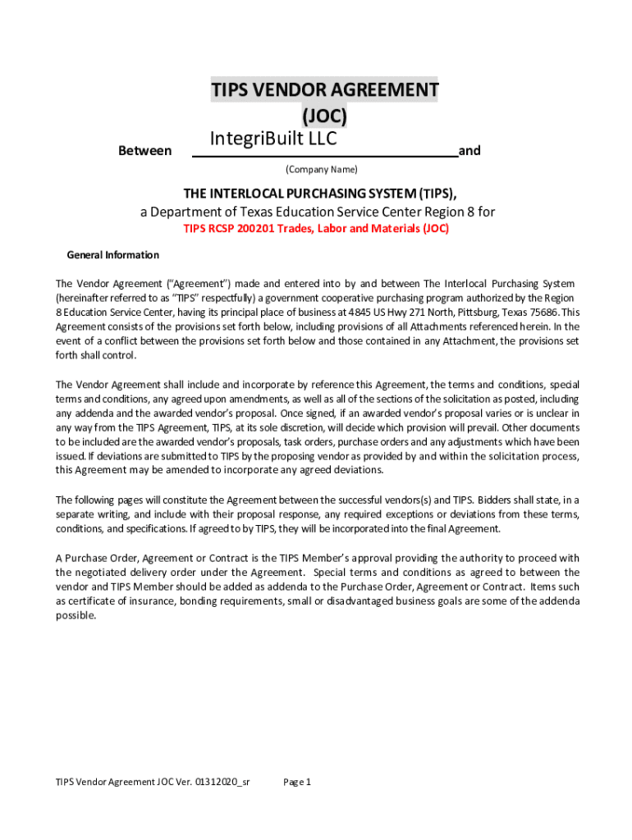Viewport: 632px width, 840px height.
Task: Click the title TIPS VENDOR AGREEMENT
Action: pyautogui.click(x=324, y=89)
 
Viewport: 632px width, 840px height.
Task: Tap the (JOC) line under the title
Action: pyautogui.click(x=324, y=116)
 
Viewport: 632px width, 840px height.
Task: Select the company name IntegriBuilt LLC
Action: pyautogui.click(x=273, y=139)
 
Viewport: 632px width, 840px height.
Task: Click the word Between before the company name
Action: pyautogui.click(x=145, y=151)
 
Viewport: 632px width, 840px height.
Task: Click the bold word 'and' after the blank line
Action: pyautogui.click(x=469, y=151)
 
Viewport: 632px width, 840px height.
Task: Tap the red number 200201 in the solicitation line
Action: pyautogui.click(x=253, y=229)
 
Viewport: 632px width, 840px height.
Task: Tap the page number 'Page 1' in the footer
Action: pyautogui.click(x=297, y=783)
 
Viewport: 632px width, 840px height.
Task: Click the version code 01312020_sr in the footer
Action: pyautogui.click(x=222, y=783)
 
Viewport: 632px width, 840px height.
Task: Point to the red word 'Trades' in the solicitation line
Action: pyautogui.click(x=301, y=229)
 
